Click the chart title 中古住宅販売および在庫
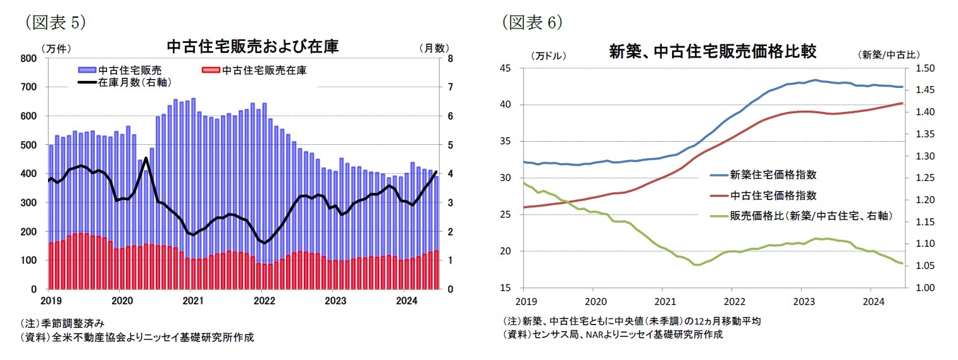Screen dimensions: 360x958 click(252, 47)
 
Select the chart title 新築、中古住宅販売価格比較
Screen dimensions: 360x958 click(712, 51)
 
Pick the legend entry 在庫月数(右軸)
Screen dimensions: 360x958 click(134, 82)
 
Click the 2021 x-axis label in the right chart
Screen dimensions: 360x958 click(664, 301)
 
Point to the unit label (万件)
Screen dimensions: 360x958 click(56, 47)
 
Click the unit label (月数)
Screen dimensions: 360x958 click(433, 47)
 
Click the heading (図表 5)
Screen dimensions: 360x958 click(55, 22)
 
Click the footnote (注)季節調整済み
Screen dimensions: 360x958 click(61, 323)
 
